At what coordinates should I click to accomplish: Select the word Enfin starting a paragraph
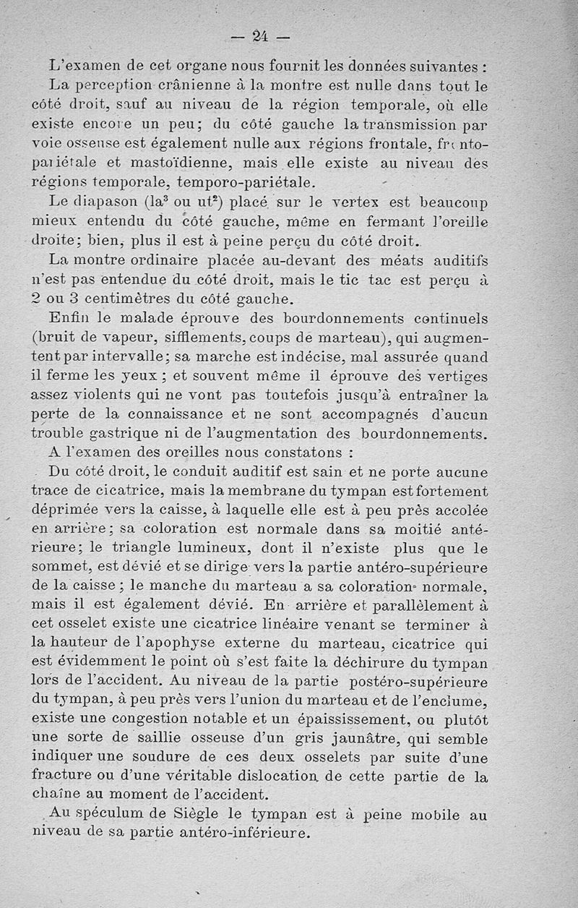point(69,320)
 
